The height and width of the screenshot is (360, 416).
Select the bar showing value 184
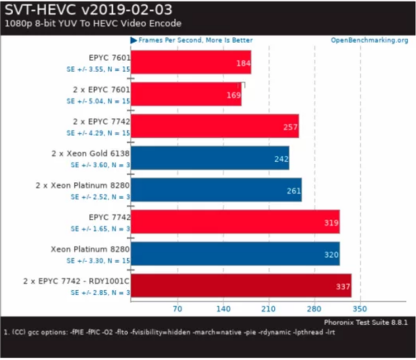191,62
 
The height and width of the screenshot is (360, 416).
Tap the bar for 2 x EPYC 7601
186,94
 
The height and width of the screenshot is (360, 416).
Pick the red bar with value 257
215,126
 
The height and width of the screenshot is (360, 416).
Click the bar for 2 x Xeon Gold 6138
210,158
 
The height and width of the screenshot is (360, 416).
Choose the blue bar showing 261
216,190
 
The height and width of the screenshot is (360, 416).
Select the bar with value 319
235,221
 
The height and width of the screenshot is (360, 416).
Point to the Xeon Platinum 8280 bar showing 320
235,253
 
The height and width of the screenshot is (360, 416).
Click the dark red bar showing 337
241,286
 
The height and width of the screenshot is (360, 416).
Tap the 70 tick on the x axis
177,309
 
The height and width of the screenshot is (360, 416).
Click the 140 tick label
223,309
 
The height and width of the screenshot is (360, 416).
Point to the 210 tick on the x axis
269,309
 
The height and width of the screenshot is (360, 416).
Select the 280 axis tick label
314,309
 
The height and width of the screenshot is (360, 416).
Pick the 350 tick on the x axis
360,309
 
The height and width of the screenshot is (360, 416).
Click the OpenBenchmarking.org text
369,40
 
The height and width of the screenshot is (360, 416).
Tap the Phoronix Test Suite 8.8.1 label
366,322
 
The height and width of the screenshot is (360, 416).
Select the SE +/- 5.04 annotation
98,101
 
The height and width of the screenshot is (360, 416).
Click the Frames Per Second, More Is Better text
195,40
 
